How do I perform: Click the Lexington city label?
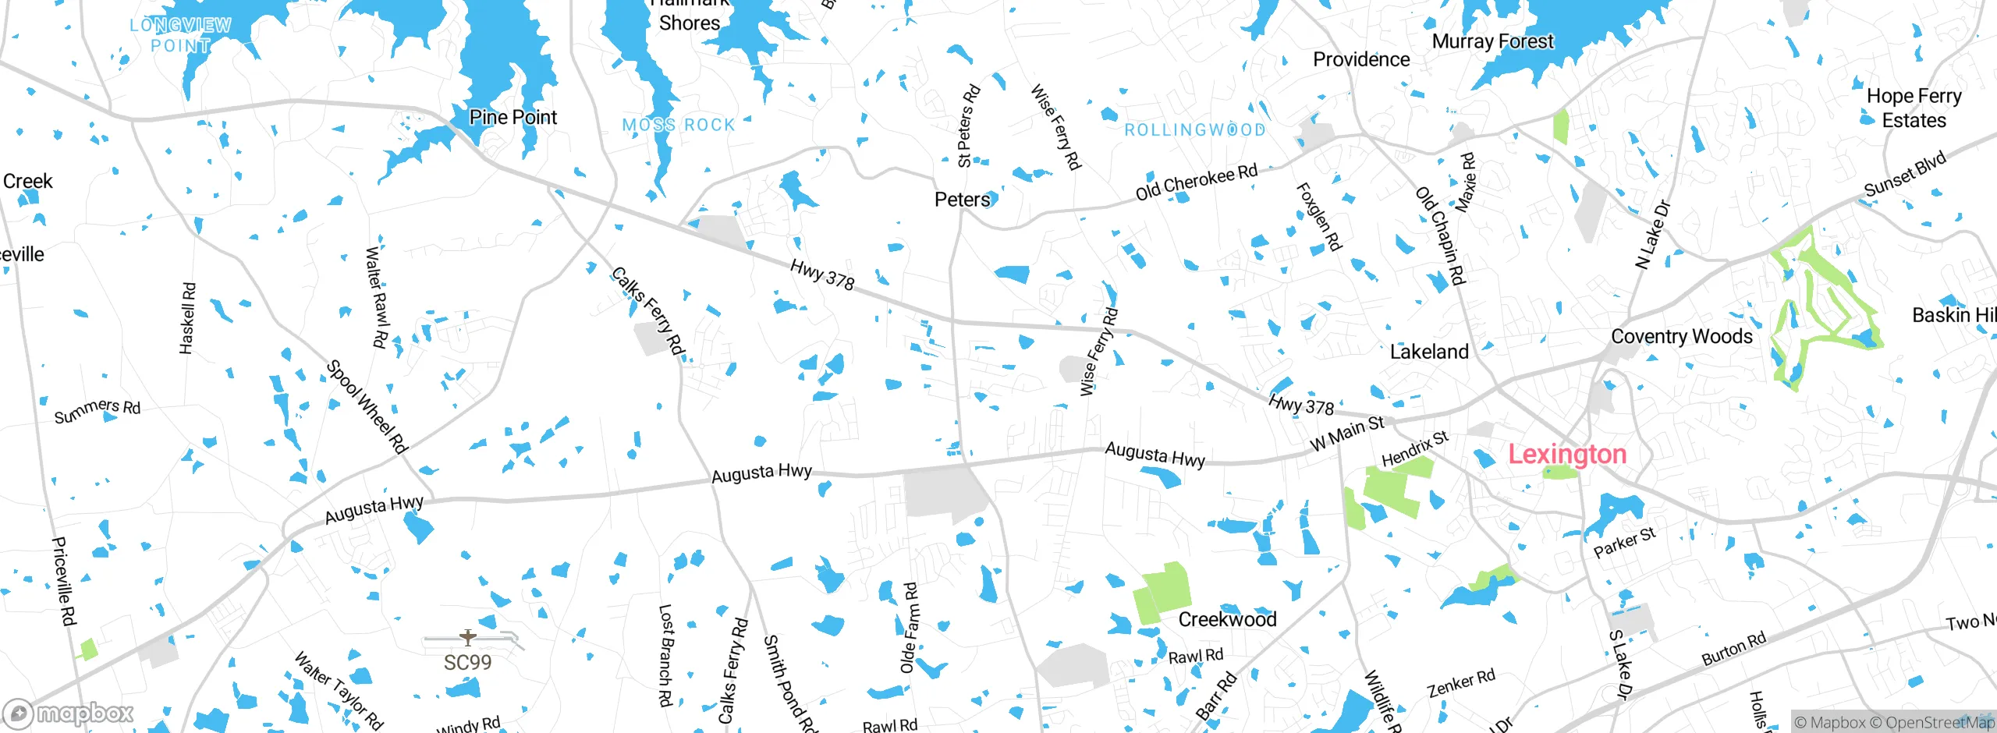[1566, 454]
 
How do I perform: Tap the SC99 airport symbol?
[468, 638]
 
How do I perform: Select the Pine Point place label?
[513, 118]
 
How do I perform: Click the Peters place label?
[962, 200]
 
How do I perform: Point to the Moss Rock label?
[679, 125]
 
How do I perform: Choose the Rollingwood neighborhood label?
[1194, 130]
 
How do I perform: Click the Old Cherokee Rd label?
[1196, 182]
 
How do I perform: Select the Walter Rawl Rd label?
[376, 296]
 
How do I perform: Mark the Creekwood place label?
[1227, 619]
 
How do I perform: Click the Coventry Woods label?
[1681, 337]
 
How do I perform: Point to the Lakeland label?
[1428, 352]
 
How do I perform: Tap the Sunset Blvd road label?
[1905, 175]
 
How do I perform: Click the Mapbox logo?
[69, 713]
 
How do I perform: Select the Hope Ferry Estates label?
[1914, 108]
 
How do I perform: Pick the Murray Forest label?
[1492, 41]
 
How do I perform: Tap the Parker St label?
[1624, 543]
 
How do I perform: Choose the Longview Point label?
[180, 35]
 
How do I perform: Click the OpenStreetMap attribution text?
[1938, 722]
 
